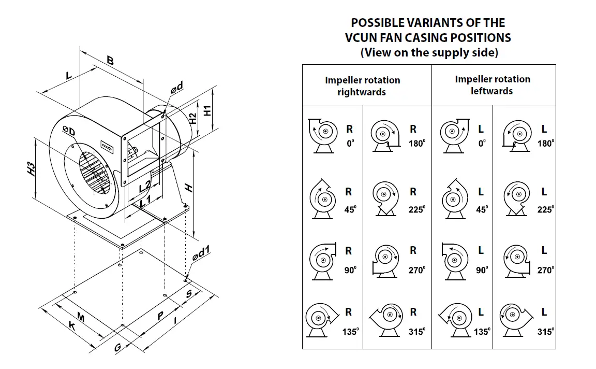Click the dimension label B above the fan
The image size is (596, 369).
click(110, 61)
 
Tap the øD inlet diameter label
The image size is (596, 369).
click(69, 131)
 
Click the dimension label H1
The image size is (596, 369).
click(207, 110)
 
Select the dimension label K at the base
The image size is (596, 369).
click(72, 327)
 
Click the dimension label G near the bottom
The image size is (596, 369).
click(118, 348)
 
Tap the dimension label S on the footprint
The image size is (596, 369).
click(189, 294)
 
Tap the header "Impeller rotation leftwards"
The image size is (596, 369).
click(493, 85)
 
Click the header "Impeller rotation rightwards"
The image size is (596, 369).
click(362, 86)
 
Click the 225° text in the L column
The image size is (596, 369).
click(545, 209)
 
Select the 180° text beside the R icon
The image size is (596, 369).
click(416, 144)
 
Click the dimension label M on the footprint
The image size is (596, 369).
click(81, 316)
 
